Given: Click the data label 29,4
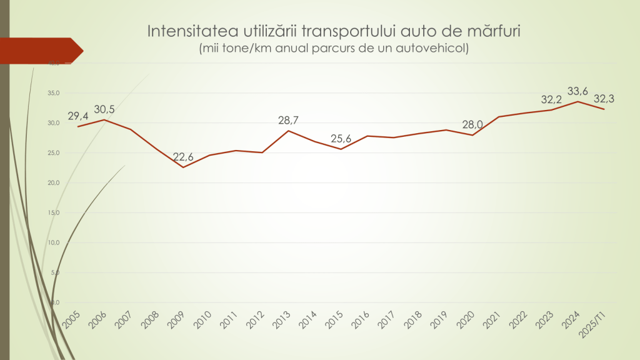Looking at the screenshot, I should (78, 116).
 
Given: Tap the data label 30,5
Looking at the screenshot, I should (104, 109).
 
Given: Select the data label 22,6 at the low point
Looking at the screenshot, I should (183, 157).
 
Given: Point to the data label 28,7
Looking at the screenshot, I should (289, 120).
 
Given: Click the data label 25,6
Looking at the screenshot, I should (341, 139).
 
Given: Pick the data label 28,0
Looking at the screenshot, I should (472, 124).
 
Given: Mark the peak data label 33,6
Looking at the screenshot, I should (577, 92).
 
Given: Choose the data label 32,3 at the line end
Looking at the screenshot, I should (604, 99).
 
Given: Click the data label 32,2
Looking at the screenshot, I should (551, 99).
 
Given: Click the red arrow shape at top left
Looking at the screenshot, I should (41, 51).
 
